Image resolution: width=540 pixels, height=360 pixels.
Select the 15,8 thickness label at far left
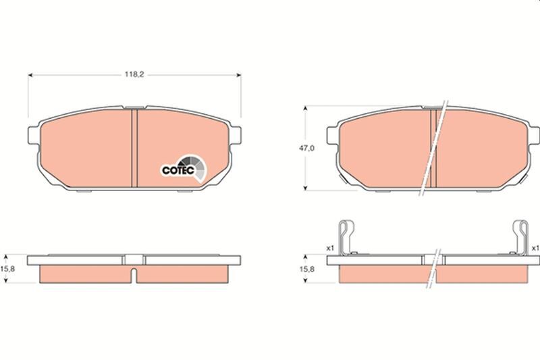pyautogui.click(x=9, y=269)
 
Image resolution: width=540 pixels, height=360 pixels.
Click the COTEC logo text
pyautogui.click(x=178, y=171)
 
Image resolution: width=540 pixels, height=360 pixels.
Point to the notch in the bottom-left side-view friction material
pyautogui.click(x=134, y=275)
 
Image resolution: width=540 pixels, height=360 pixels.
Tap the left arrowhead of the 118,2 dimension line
pyautogui.click(x=30, y=76)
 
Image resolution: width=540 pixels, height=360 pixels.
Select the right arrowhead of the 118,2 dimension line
pyautogui.click(x=238, y=76)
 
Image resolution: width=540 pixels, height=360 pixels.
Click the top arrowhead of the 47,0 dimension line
pyautogui.click(x=307, y=108)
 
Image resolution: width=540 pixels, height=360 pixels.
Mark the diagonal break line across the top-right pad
pyautogui.click(x=433, y=149)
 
